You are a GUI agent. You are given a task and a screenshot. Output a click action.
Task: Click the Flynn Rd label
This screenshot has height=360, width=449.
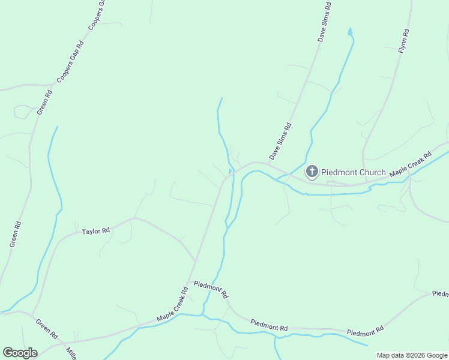click(x=405, y=41)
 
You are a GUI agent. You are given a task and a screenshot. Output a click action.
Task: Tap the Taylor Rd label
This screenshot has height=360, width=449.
click(x=96, y=230)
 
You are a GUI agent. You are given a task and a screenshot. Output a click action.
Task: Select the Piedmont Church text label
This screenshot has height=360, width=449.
click(x=353, y=172)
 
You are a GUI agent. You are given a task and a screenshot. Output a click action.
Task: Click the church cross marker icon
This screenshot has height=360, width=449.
click(x=312, y=172)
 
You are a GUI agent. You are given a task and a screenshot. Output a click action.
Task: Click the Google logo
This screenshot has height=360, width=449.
click(x=20, y=353)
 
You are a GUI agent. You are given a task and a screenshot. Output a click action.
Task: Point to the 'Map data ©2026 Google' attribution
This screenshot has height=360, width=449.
click(x=412, y=355)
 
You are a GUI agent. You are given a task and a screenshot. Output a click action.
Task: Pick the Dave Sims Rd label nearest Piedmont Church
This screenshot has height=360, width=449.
click(x=280, y=142)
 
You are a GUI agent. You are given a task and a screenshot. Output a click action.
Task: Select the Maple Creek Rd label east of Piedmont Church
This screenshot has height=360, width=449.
click(x=411, y=165)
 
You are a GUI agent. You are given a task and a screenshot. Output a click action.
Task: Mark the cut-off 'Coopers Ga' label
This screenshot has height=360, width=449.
click(x=97, y=14)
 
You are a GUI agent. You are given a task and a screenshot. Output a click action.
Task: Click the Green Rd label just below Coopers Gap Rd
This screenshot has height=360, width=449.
click(x=44, y=103)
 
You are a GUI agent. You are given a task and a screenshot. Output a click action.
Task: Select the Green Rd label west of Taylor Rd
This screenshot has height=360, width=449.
click(x=16, y=235)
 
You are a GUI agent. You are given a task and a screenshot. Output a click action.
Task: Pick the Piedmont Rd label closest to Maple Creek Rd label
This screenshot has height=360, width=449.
click(x=210, y=289)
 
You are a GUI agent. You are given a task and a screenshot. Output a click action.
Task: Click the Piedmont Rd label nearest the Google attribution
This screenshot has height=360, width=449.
click(x=364, y=332)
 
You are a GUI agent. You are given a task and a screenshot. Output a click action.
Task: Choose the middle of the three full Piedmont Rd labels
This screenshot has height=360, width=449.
click(x=269, y=326)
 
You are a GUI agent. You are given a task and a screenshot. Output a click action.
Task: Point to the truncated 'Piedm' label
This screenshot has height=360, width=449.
click(x=440, y=294)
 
